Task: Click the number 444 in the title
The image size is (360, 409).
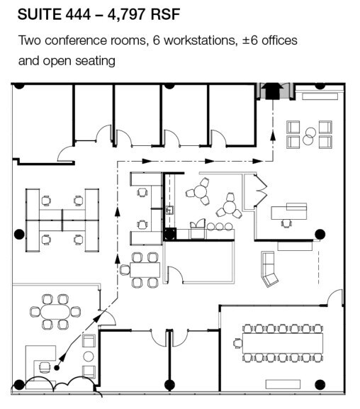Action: pyautogui.click(x=78, y=14)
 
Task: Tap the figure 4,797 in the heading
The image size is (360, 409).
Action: pyautogui.click(x=127, y=15)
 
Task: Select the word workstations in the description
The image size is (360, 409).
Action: pyautogui.click(x=201, y=40)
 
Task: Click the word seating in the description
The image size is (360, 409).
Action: pyautogui.click(x=95, y=61)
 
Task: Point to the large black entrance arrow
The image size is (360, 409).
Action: pyautogui.click(x=273, y=91)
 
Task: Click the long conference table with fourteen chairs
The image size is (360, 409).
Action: pyautogui.click(x=283, y=343)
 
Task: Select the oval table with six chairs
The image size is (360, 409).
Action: pyautogui.click(x=55, y=312)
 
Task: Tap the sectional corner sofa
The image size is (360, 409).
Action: pyautogui.click(x=269, y=269)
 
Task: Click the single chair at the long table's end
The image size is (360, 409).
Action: pyautogui.click(x=237, y=343)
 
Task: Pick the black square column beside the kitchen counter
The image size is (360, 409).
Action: pyautogui.click(x=170, y=234)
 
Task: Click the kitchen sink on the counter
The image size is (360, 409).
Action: pyautogui.click(x=170, y=210)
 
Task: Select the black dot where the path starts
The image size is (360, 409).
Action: pyautogui.click(x=57, y=368)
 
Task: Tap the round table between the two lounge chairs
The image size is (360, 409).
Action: pyautogui.click(x=88, y=357)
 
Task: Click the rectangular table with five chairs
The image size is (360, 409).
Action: pyautogui.click(x=145, y=270)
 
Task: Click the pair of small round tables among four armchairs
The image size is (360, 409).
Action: pyautogui.click(x=309, y=136)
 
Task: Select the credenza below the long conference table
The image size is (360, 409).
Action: pyautogui.click(x=283, y=384)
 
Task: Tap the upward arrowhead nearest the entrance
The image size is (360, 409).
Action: pyautogui.click(x=273, y=136)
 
